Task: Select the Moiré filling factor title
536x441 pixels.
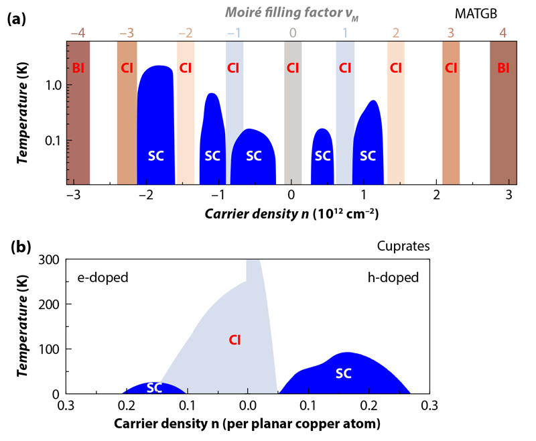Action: [x=291, y=13]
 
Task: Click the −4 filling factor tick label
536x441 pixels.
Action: [x=78, y=32]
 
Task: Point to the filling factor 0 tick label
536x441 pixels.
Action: [x=292, y=32]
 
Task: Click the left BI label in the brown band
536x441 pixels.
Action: [x=78, y=68]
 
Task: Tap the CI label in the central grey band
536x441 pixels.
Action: [x=292, y=68]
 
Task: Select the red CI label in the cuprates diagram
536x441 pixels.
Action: [x=234, y=340]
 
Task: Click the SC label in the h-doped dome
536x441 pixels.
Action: [x=344, y=373]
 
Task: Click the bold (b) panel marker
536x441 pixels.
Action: [x=17, y=247]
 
